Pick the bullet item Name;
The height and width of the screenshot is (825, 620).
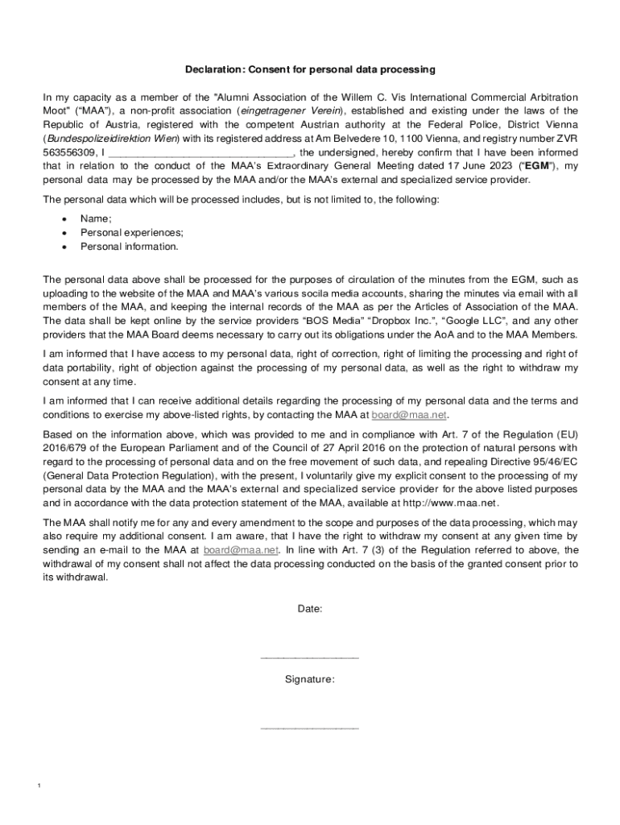pyautogui.click(x=96, y=219)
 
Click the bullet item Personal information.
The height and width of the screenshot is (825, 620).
pyautogui.click(x=129, y=247)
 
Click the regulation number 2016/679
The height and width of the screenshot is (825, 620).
pyautogui.click(x=64, y=448)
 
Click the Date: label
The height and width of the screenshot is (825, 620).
pyautogui.click(x=310, y=609)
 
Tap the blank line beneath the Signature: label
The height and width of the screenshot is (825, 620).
pyautogui.click(x=310, y=728)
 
